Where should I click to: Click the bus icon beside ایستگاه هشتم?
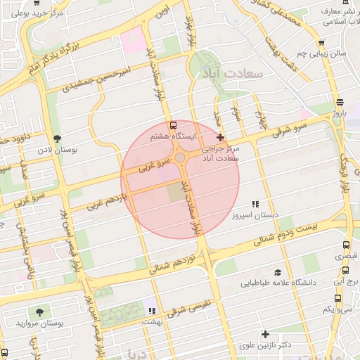(x=174, y=125)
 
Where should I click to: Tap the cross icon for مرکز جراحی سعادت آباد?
(x=221, y=136)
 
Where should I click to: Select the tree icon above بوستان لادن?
(x=57, y=139)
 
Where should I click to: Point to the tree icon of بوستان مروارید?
(x=37, y=311)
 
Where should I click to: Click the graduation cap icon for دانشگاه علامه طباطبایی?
(x=278, y=272)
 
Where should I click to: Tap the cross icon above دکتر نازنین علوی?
(x=265, y=334)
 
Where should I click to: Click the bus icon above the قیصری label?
(x=345, y=245)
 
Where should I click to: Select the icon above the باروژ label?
(x=340, y=101)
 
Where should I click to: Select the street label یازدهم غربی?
(x=105, y=202)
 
